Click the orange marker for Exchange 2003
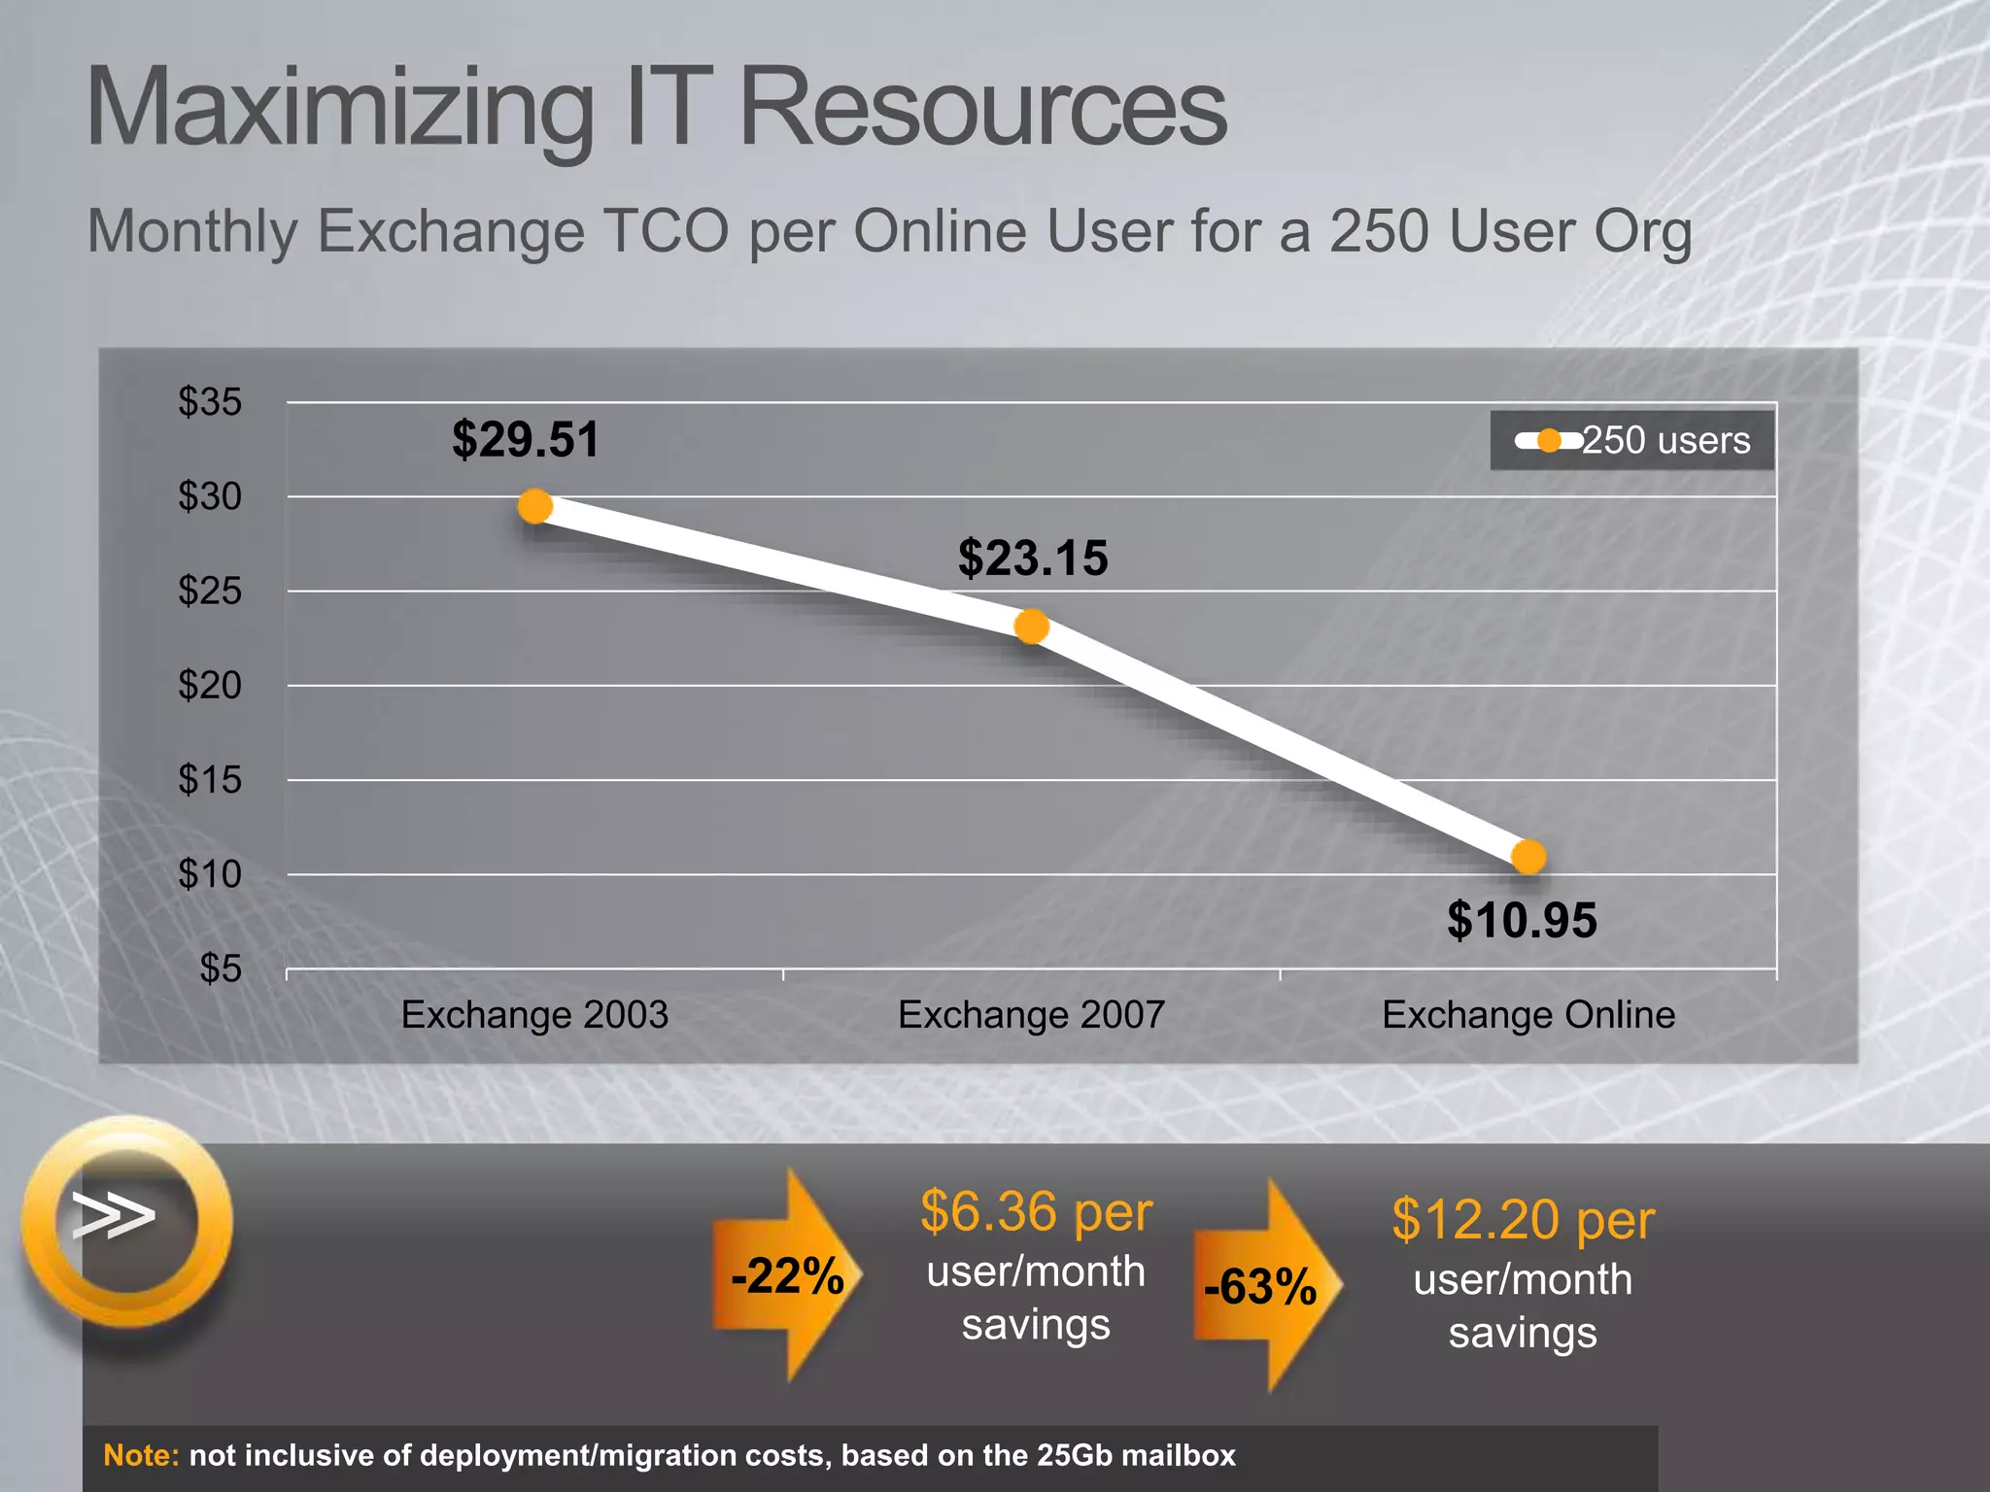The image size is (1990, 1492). (x=534, y=506)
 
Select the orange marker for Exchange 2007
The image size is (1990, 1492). (x=1031, y=627)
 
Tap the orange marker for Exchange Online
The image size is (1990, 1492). (x=1528, y=857)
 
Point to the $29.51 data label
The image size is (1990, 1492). (x=525, y=439)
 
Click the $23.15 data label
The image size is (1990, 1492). (x=1032, y=559)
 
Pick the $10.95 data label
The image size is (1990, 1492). (x=1521, y=920)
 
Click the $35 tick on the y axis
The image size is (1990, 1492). (x=210, y=402)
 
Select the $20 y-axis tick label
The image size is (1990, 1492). (x=210, y=686)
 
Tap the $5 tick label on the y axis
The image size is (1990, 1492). (x=221, y=968)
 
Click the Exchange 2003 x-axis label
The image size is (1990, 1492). (x=534, y=1015)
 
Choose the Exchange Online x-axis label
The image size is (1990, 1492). (x=1528, y=1015)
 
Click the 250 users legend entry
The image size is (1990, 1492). (x=1632, y=441)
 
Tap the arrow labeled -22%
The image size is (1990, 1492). (x=787, y=1275)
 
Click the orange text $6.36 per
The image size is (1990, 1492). (x=1036, y=1212)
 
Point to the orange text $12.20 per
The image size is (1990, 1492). (x=1523, y=1220)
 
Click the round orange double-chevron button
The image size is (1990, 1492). (x=126, y=1219)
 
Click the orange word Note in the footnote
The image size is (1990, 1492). (x=141, y=1455)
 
